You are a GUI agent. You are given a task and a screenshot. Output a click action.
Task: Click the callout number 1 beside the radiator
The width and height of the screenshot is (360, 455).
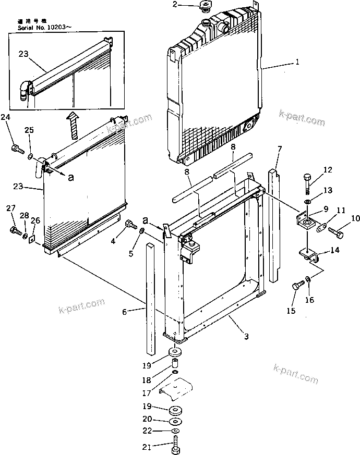tap(297, 62)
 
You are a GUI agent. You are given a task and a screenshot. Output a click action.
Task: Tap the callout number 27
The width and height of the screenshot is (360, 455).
tap(10, 208)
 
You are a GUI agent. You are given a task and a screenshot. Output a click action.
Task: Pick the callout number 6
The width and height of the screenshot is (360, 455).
tap(124, 312)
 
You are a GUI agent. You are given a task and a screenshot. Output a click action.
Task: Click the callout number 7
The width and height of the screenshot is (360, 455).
tap(280, 149)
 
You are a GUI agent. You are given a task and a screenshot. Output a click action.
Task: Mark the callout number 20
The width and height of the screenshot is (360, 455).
tap(148, 420)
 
